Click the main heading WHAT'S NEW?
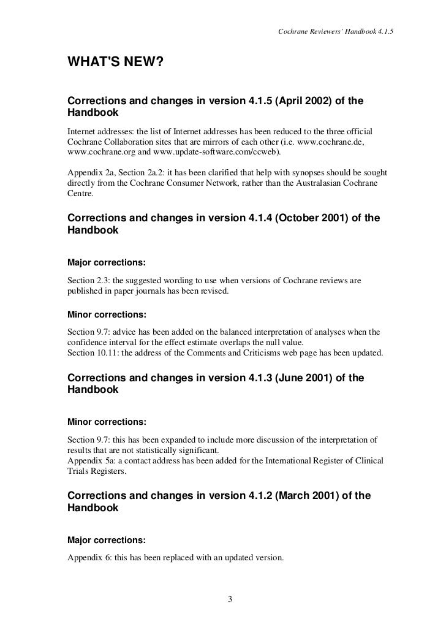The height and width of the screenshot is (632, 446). pyautogui.click(x=115, y=63)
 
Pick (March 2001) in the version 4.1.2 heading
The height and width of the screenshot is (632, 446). pyautogui.click(x=306, y=495)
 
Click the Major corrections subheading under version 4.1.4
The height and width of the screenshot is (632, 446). pyautogui.click(x=107, y=262)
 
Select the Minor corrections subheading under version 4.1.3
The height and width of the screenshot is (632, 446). pyautogui.click(x=107, y=423)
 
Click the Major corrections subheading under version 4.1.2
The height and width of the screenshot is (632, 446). pyautogui.click(x=107, y=540)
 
